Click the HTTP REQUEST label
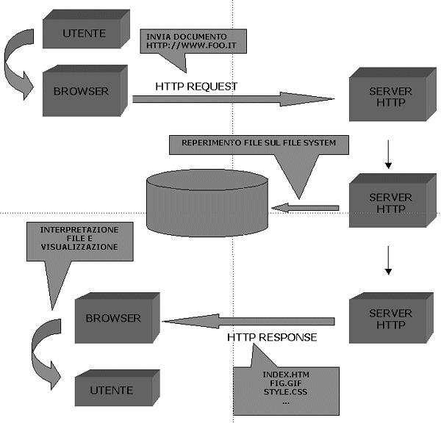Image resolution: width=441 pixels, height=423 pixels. (196, 86)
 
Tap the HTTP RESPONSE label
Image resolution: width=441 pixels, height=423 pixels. (272, 337)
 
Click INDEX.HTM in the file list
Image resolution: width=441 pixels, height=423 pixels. (286, 375)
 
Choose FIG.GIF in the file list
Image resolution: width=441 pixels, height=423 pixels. (286, 383)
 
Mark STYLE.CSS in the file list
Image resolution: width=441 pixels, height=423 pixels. (286, 393)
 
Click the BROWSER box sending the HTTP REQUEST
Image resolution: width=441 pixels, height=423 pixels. (82, 92)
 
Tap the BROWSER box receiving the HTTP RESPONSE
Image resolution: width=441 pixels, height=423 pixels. (113, 318)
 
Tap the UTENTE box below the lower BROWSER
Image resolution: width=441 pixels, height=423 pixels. (113, 390)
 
